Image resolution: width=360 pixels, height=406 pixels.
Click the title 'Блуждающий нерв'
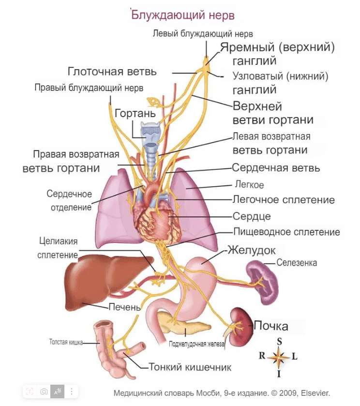coord(183,15)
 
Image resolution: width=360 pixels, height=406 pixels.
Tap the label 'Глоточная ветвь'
coord(112,72)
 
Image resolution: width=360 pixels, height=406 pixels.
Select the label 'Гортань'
coord(135,114)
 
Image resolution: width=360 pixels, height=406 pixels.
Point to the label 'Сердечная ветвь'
coord(276,168)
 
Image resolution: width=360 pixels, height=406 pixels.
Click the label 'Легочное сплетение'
coord(284,199)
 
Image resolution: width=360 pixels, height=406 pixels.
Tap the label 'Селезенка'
coord(297,263)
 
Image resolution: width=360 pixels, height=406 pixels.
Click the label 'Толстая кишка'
coord(65,342)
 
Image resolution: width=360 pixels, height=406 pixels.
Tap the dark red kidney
coord(241,328)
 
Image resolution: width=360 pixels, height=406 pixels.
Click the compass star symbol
coord(279,357)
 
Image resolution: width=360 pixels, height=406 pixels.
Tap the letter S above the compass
coord(279,341)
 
